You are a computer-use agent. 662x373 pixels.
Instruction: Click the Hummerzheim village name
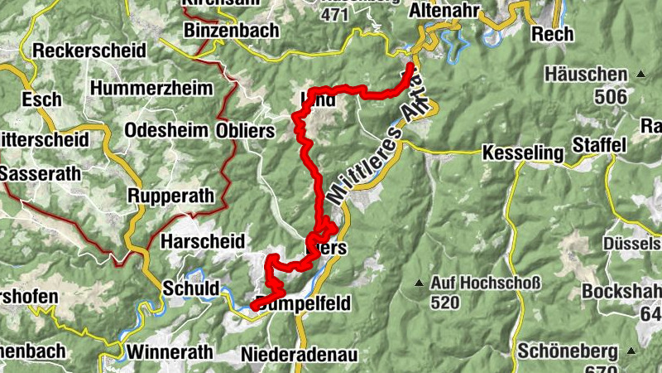[x=152, y=88]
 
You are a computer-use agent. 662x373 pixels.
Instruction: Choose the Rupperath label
[x=171, y=196]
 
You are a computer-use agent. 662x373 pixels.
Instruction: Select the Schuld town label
[x=191, y=288]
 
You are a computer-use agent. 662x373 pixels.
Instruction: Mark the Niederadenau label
[x=300, y=355]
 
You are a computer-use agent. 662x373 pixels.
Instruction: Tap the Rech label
[x=553, y=34]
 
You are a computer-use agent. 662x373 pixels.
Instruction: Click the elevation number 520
[x=444, y=303]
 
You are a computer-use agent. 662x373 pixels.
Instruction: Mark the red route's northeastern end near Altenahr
[x=411, y=65]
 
